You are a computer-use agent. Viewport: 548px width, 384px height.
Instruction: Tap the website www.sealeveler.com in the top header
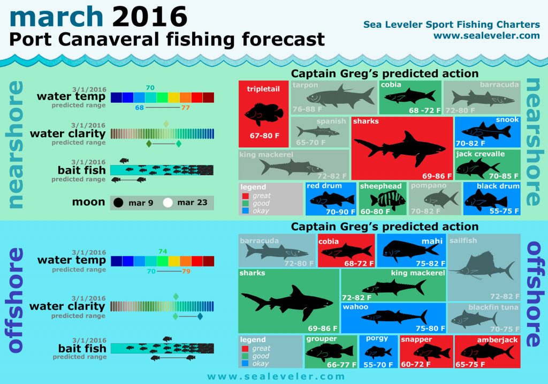coord(486,36)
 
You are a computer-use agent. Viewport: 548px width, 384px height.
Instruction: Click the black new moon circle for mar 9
coord(118,202)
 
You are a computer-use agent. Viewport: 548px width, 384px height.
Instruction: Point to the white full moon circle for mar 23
coord(168,202)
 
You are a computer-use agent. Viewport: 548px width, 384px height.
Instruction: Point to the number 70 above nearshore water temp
coord(150,87)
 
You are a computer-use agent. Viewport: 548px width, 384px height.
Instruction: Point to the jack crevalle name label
coord(480,154)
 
